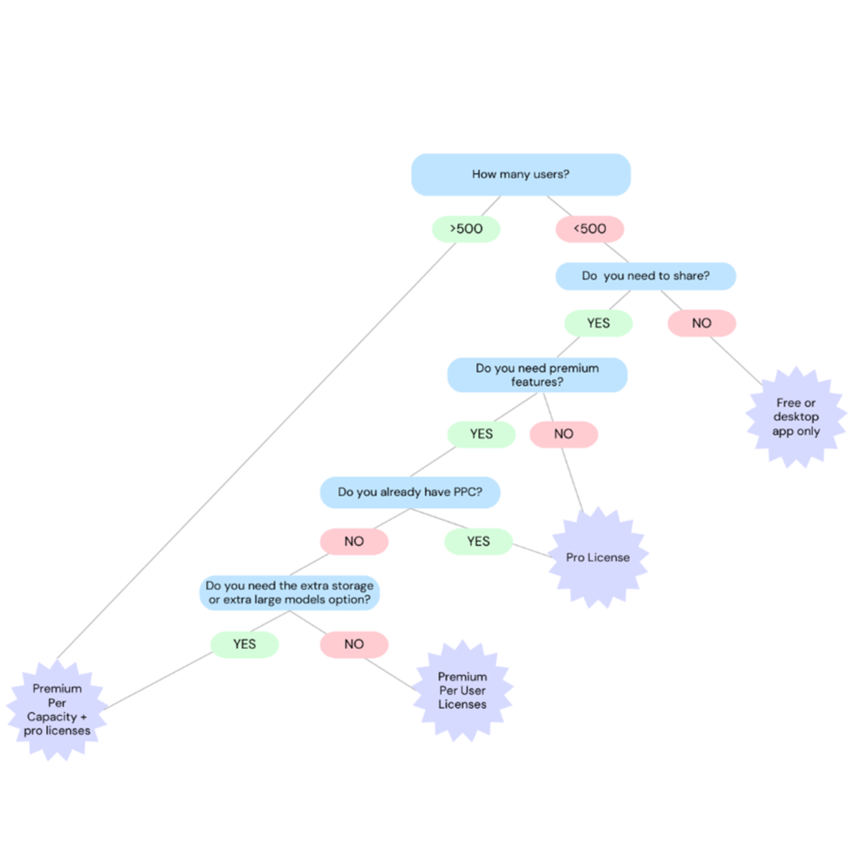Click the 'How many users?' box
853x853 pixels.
521,174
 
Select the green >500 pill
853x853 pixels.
466,229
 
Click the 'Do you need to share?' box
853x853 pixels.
645,276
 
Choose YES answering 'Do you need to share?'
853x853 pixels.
598,323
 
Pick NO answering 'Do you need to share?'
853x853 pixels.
702,323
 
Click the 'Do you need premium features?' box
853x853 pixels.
537,375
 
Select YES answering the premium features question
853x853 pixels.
481,434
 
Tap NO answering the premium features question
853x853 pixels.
564,434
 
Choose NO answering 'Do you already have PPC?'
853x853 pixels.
354,541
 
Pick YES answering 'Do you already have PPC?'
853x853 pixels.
478,541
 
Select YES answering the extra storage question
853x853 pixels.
244,644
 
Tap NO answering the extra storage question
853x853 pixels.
354,644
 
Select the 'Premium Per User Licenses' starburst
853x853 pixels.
462,690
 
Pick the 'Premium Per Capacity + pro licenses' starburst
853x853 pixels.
57,710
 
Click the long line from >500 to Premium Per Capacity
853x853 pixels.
256,451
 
